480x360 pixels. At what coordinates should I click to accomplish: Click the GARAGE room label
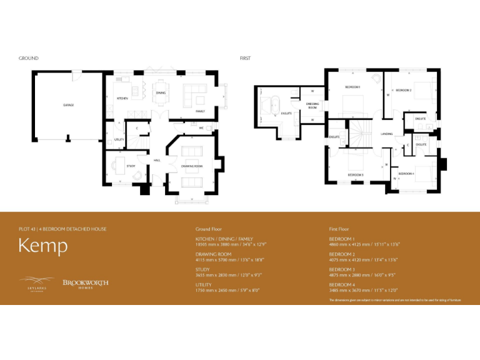(68, 105)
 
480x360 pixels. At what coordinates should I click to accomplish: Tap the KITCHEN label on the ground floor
(122, 98)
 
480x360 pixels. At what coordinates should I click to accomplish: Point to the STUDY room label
(131, 166)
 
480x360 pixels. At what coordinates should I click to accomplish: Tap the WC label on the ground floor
(202, 129)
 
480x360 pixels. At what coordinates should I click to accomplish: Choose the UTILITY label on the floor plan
(119, 139)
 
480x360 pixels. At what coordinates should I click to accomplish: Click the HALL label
(157, 160)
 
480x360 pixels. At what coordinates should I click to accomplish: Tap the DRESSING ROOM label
(312, 106)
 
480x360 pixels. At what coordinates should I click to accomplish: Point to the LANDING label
(386, 134)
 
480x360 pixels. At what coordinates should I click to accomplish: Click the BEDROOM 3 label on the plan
(356, 174)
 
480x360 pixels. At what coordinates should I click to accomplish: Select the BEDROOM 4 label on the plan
(407, 172)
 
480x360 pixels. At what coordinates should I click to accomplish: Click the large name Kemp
(43, 246)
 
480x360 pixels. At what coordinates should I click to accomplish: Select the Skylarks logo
(36, 282)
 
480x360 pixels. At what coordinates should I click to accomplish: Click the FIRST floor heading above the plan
(245, 58)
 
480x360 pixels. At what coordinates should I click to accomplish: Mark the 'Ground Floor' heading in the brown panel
(209, 229)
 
